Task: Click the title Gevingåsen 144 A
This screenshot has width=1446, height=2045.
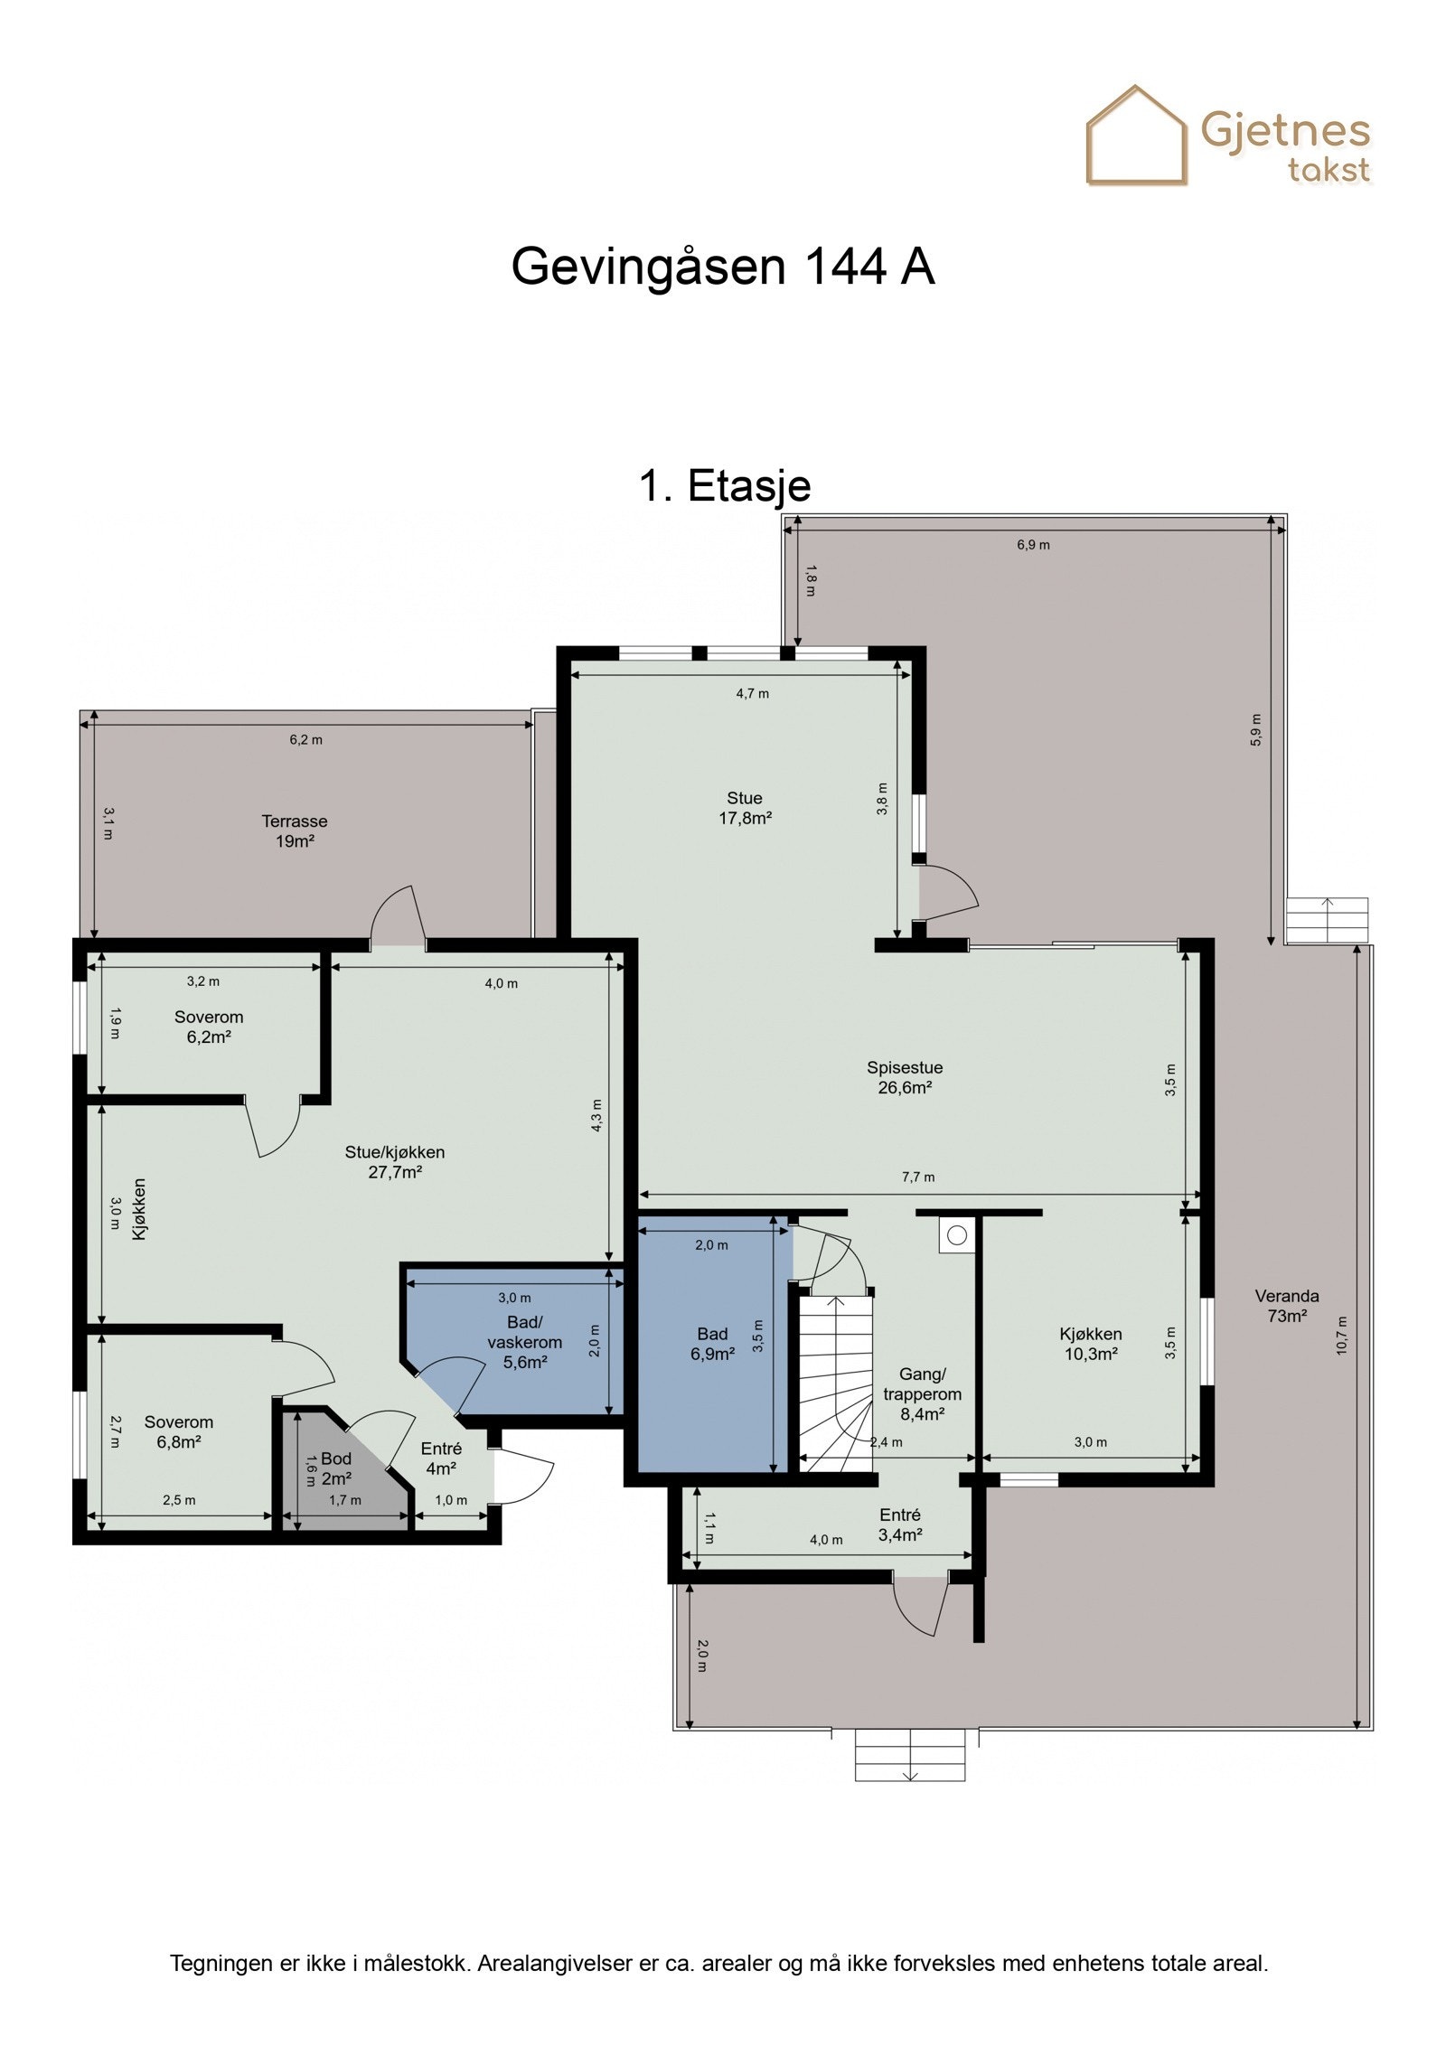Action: (x=722, y=267)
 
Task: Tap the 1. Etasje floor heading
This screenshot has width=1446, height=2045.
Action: (x=724, y=485)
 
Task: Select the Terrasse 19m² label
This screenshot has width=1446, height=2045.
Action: (x=295, y=831)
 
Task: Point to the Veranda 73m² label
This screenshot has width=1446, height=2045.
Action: (x=1286, y=1306)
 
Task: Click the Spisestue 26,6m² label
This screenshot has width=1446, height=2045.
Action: (x=905, y=1077)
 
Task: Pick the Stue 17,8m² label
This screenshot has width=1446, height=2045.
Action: (x=745, y=808)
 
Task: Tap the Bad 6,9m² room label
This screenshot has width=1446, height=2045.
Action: (x=712, y=1344)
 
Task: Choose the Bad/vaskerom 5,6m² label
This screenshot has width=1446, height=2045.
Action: (x=525, y=1343)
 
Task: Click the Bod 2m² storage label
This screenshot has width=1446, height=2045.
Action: (x=335, y=1468)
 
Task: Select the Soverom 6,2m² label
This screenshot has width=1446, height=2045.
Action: (x=209, y=1027)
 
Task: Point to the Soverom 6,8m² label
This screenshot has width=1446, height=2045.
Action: (x=179, y=1431)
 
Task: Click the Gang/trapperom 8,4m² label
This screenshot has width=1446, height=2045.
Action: (x=922, y=1393)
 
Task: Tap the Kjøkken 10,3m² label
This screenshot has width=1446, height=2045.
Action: (x=1091, y=1344)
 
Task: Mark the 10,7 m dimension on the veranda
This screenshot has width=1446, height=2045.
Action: (x=1342, y=1336)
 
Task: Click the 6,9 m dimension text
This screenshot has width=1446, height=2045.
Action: (x=1033, y=545)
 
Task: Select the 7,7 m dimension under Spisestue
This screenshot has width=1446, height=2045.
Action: (x=917, y=1177)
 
